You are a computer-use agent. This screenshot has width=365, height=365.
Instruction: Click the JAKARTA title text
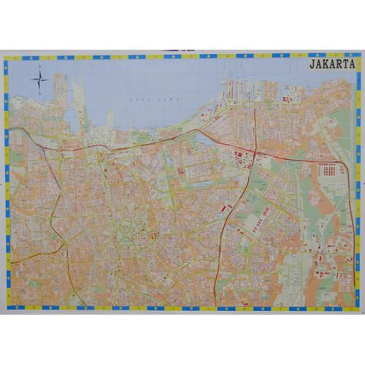[x=332, y=64]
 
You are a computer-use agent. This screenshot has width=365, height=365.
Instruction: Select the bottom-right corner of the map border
[x=360, y=308]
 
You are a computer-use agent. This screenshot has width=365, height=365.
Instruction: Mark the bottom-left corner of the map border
[x=5, y=308]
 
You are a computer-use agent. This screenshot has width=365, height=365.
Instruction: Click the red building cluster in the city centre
[x=153, y=235]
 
